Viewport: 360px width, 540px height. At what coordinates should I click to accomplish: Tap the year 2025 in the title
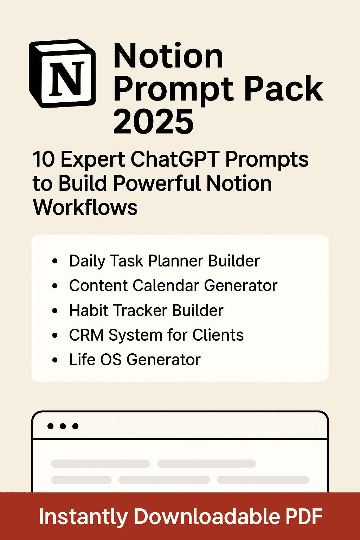coord(153,121)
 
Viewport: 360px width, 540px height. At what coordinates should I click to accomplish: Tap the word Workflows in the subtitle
coord(85,207)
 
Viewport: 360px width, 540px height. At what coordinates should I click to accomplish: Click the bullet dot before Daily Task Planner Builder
coord(54,261)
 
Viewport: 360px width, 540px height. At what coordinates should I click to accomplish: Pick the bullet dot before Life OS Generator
coord(54,360)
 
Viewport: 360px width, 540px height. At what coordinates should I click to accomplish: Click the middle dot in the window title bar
coord(63,426)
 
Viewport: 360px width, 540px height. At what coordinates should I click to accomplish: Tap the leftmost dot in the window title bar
coord(51,426)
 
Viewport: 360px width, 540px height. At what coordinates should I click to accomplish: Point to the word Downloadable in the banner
coord(207,516)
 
